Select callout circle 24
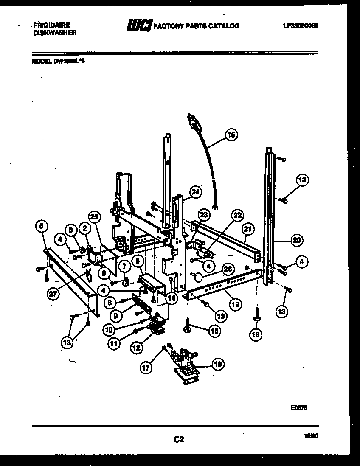pyautogui.click(x=195, y=192)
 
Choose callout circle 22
pyautogui.click(x=237, y=216)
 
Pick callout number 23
pyautogui.click(x=204, y=215)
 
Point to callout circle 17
pyautogui.click(x=146, y=368)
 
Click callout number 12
pyautogui.click(x=136, y=348)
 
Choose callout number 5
pyautogui.click(x=41, y=227)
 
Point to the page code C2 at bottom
pyautogui.click(x=179, y=440)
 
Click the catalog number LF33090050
pyautogui.click(x=301, y=25)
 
